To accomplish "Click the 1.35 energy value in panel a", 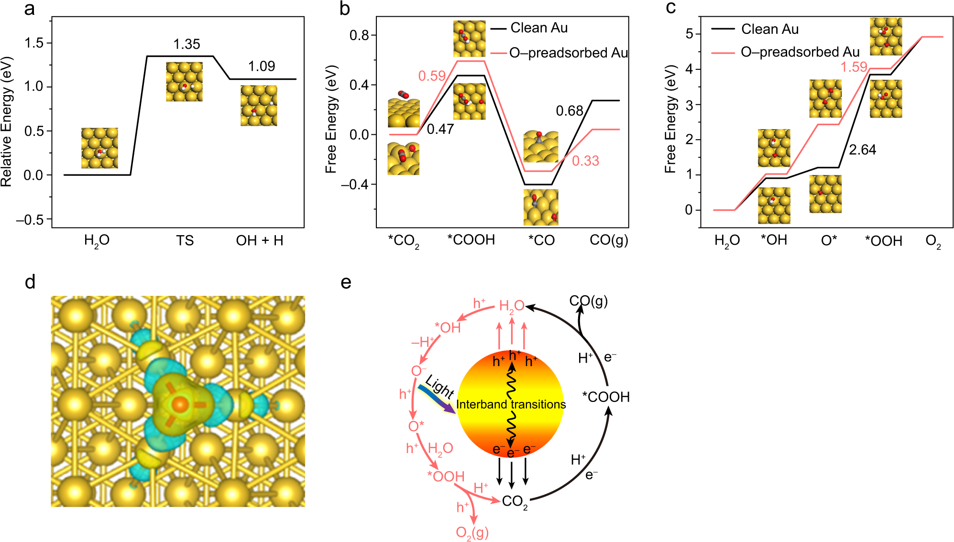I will [x=186, y=44].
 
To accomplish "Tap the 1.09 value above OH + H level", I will [x=262, y=66].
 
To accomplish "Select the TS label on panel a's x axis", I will [x=185, y=240].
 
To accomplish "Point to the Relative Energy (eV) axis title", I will [x=6, y=122].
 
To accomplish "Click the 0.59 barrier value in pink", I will [x=432, y=76].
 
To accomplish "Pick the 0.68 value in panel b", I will [x=569, y=111].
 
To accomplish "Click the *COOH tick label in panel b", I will [x=471, y=240].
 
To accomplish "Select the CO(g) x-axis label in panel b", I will [x=609, y=240].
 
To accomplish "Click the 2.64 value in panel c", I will [x=862, y=150].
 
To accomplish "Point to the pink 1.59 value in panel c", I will [x=854, y=67].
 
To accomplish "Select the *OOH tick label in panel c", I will [x=883, y=241].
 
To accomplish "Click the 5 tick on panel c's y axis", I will [x=689, y=34].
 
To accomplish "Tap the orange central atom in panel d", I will [x=180, y=404].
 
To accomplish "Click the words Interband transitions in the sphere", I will [x=511, y=404].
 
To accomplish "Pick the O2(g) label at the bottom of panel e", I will [x=472, y=532].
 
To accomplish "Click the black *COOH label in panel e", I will [x=605, y=397].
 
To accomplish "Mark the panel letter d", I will [x=30, y=282].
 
